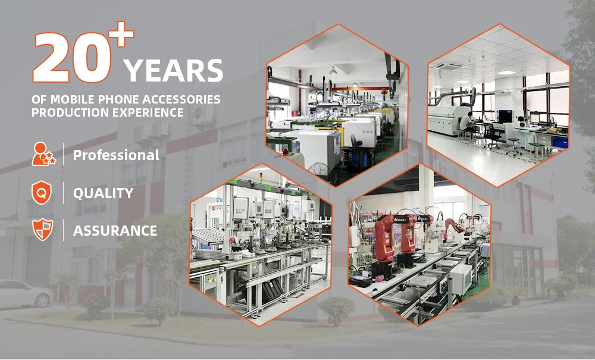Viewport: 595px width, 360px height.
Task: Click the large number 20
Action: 71,58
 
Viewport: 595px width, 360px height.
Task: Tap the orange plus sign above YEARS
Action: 121,34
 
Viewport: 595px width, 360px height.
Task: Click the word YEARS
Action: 173,71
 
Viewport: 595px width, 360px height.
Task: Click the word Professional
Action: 116,155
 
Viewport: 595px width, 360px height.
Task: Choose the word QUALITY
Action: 103,193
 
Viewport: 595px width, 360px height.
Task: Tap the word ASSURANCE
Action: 115,231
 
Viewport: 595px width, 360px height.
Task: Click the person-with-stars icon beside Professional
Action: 43,154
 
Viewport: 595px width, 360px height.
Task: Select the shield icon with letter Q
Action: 42,193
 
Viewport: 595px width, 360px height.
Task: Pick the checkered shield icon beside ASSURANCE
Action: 42,230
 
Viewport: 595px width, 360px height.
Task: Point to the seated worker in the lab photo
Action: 466,122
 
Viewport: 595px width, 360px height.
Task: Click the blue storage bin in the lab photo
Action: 560,142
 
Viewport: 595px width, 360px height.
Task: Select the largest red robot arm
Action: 384,243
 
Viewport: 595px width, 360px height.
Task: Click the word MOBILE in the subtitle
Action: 73,99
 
